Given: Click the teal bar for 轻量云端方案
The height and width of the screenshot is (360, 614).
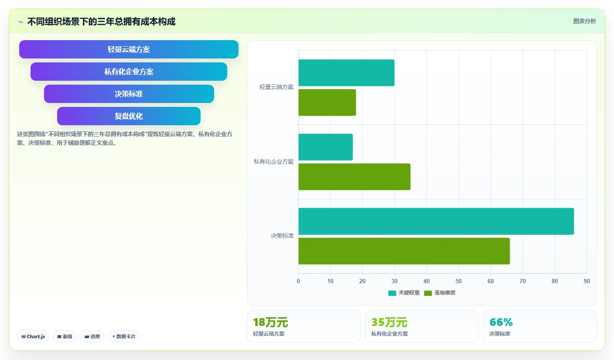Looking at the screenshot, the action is click(347, 73).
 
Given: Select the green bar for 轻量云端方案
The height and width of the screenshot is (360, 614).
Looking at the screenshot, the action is click(327, 103).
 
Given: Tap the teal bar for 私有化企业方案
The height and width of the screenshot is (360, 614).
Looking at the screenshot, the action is click(326, 147).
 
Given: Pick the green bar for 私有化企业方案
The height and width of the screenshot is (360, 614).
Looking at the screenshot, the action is click(355, 177).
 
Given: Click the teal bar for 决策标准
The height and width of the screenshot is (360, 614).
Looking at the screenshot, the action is click(436, 221).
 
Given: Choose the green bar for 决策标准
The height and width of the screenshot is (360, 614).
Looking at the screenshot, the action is click(404, 251).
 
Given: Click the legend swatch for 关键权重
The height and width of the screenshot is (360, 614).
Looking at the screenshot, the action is click(392, 293).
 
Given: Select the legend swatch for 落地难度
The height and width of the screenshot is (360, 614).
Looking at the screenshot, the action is click(428, 293).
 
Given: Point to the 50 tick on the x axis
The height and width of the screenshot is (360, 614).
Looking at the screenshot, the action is click(459, 281).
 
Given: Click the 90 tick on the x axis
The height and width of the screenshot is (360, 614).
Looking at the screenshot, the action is click(587, 281).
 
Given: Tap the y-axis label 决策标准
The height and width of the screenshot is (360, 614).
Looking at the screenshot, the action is click(282, 236).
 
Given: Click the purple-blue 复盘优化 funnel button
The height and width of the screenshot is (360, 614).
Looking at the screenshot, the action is click(129, 116).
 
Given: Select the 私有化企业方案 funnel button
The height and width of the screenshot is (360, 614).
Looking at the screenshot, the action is click(129, 72).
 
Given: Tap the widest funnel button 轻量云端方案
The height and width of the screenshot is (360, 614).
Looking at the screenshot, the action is click(129, 49).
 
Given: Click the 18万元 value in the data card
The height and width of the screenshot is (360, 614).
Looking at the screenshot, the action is click(270, 322).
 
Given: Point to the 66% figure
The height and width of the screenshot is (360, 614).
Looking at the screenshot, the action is click(501, 322).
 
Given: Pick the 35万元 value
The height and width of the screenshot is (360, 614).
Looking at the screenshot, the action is click(389, 322).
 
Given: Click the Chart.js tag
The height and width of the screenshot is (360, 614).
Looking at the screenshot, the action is click(33, 336).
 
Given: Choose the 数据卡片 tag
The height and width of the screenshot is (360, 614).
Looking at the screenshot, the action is click(124, 336).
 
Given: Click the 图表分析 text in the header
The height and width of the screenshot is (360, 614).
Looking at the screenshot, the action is click(584, 21).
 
